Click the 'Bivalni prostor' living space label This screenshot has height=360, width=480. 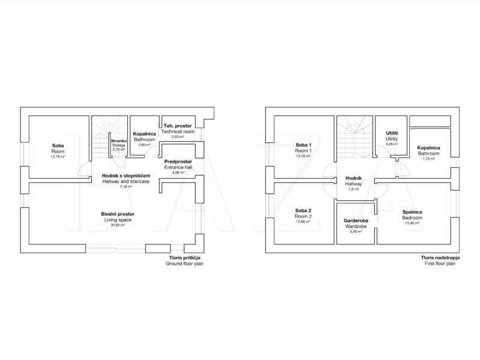[x=118, y=214]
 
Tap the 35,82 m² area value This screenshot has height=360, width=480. [x=118, y=225]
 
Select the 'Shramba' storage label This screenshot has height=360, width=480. [x=119, y=141]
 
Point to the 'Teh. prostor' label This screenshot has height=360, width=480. [x=178, y=126]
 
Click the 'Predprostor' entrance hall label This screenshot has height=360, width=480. [x=178, y=161]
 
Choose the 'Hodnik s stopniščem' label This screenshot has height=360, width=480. [x=126, y=176]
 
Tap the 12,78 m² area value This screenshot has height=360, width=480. [x=58, y=157]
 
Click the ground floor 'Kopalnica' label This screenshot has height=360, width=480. [x=145, y=134]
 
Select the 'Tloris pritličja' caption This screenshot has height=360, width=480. [x=185, y=258]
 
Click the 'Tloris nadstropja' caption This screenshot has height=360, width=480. [x=440, y=258]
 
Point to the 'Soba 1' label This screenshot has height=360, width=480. [x=304, y=145]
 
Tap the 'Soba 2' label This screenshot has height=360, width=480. [x=303, y=211]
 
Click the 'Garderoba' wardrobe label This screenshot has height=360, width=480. [x=356, y=220]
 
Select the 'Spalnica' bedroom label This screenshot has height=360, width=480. [x=412, y=212]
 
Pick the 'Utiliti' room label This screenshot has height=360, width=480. [x=392, y=133]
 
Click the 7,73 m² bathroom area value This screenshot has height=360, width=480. [x=428, y=159]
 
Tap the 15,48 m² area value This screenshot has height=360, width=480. [x=412, y=223]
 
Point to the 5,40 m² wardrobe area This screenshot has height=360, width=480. [x=356, y=232]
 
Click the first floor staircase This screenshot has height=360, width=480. [x=355, y=137]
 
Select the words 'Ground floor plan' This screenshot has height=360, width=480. [x=185, y=263]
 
